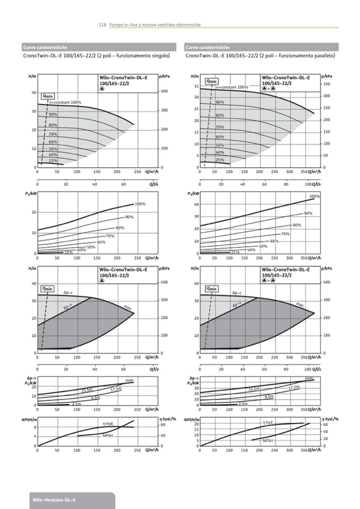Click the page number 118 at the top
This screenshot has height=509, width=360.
click(x=102, y=24)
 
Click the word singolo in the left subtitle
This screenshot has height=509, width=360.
click(x=156, y=55)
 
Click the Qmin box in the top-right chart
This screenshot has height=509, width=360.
click(x=212, y=81)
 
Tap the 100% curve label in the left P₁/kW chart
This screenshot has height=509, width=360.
click(x=140, y=204)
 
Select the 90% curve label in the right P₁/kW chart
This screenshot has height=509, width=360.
click(x=308, y=213)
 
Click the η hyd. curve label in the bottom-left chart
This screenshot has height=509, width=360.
click(x=108, y=424)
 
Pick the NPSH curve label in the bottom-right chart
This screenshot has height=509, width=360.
click(x=268, y=441)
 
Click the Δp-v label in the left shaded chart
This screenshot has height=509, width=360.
click(x=67, y=307)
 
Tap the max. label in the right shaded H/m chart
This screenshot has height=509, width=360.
click(x=300, y=305)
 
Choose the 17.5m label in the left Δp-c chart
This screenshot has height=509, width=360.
click(x=116, y=389)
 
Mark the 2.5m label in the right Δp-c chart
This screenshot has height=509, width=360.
click(x=243, y=404)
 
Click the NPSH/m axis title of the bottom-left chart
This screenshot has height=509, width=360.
click(x=28, y=419)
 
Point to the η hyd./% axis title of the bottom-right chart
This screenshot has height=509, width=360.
click(x=330, y=419)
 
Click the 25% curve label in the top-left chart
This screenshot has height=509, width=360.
click(x=53, y=160)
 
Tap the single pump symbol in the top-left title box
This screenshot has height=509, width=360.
click(x=101, y=89)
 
